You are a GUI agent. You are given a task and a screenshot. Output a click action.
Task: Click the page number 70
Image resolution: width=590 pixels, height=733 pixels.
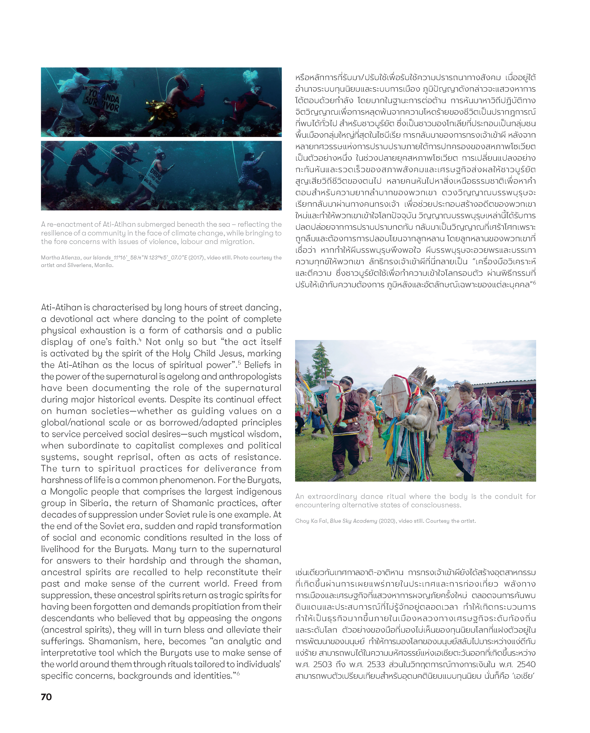click(x=46, y=697)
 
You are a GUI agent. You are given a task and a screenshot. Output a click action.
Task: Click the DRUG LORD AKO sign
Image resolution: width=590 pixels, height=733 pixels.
click(x=155, y=177)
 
